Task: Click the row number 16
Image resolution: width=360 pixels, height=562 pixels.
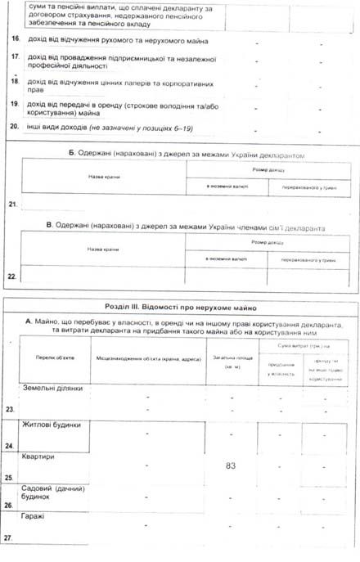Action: tap(14, 39)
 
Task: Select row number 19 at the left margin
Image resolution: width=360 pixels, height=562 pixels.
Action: tap(14, 106)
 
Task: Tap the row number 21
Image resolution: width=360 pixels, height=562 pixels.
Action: tap(11, 203)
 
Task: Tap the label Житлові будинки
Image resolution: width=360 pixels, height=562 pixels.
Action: tap(57, 425)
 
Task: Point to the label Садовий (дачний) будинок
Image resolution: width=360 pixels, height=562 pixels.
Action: tap(52, 492)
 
